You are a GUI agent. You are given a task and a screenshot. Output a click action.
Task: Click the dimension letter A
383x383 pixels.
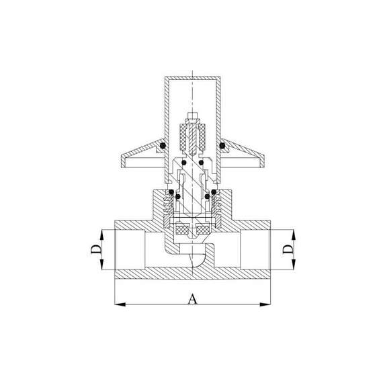coord(192,299)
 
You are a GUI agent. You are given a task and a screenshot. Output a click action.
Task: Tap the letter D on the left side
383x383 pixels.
coord(96,249)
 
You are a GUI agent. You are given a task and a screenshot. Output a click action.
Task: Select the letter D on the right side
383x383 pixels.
coord(288,249)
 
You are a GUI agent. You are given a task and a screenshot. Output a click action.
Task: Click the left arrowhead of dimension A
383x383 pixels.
coord(120,304)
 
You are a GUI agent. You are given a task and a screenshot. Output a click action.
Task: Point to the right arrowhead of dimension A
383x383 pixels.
coord(265,304)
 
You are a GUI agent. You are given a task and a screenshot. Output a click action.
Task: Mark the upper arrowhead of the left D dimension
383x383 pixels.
coord(102,235)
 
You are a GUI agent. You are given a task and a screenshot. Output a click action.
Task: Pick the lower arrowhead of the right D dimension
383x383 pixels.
coord(294,264)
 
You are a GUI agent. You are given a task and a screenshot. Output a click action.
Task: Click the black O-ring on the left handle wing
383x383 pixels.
coord(163,146)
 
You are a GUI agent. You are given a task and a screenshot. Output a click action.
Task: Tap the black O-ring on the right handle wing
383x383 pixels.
coord(222,146)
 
